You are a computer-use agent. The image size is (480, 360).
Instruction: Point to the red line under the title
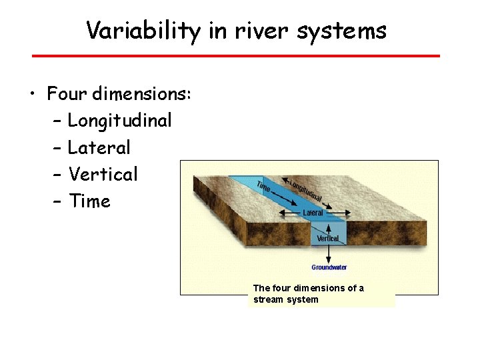click(x=236, y=55)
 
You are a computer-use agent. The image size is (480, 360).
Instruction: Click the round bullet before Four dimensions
click(x=33, y=95)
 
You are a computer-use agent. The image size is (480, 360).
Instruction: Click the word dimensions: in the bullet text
click(x=142, y=94)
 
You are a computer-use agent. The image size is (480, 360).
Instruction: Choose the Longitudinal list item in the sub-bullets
click(x=120, y=121)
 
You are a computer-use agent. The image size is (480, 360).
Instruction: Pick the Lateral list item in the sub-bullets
click(x=99, y=147)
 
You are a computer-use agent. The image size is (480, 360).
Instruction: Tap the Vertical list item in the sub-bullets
click(x=103, y=174)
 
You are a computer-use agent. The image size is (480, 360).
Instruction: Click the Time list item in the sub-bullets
click(x=89, y=201)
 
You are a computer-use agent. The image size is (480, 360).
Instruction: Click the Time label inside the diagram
click(x=264, y=185)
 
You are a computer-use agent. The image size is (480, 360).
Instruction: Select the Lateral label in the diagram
click(x=313, y=213)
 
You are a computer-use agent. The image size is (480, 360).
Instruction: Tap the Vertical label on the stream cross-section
click(x=327, y=238)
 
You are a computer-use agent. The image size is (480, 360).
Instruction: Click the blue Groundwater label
click(x=329, y=267)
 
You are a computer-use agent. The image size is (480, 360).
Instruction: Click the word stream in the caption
click(x=268, y=299)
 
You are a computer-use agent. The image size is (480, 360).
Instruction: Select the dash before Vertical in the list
click(x=55, y=175)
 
